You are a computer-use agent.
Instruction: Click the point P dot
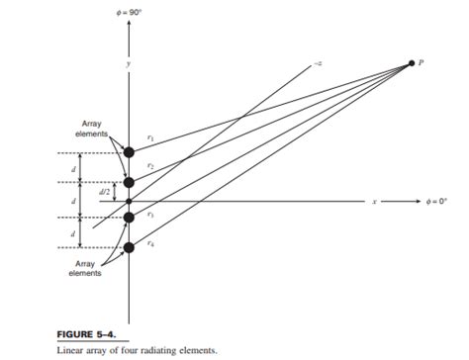(x=411, y=63)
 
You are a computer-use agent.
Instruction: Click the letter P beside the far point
(x=422, y=62)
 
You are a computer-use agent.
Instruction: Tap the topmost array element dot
(x=129, y=152)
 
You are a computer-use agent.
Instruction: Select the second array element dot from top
(x=129, y=183)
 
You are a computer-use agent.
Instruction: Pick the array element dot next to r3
(x=129, y=217)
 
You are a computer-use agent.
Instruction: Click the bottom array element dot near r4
(x=129, y=247)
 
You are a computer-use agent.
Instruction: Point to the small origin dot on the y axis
(x=129, y=200)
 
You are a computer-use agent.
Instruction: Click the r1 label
(x=149, y=138)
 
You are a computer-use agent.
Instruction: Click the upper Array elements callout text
(x=94, y=130)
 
